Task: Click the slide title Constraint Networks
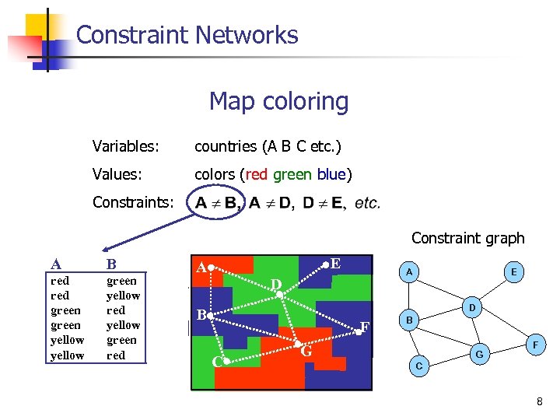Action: tap(187, 35)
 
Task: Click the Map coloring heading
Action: tap(278, 101)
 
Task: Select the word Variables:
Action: tap(126, 146)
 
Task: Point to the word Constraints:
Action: tap(133, 203)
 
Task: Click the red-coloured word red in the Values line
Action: tap(257, 174)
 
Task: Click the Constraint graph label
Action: tap(467, 238)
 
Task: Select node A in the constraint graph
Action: tap(409, 271)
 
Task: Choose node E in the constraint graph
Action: tap(514, 271)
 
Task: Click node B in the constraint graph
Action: tap(411, 320)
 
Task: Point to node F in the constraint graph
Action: tap(534, 343)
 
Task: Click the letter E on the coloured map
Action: tap(334, 264)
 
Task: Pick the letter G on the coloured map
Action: tap(306, 352)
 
